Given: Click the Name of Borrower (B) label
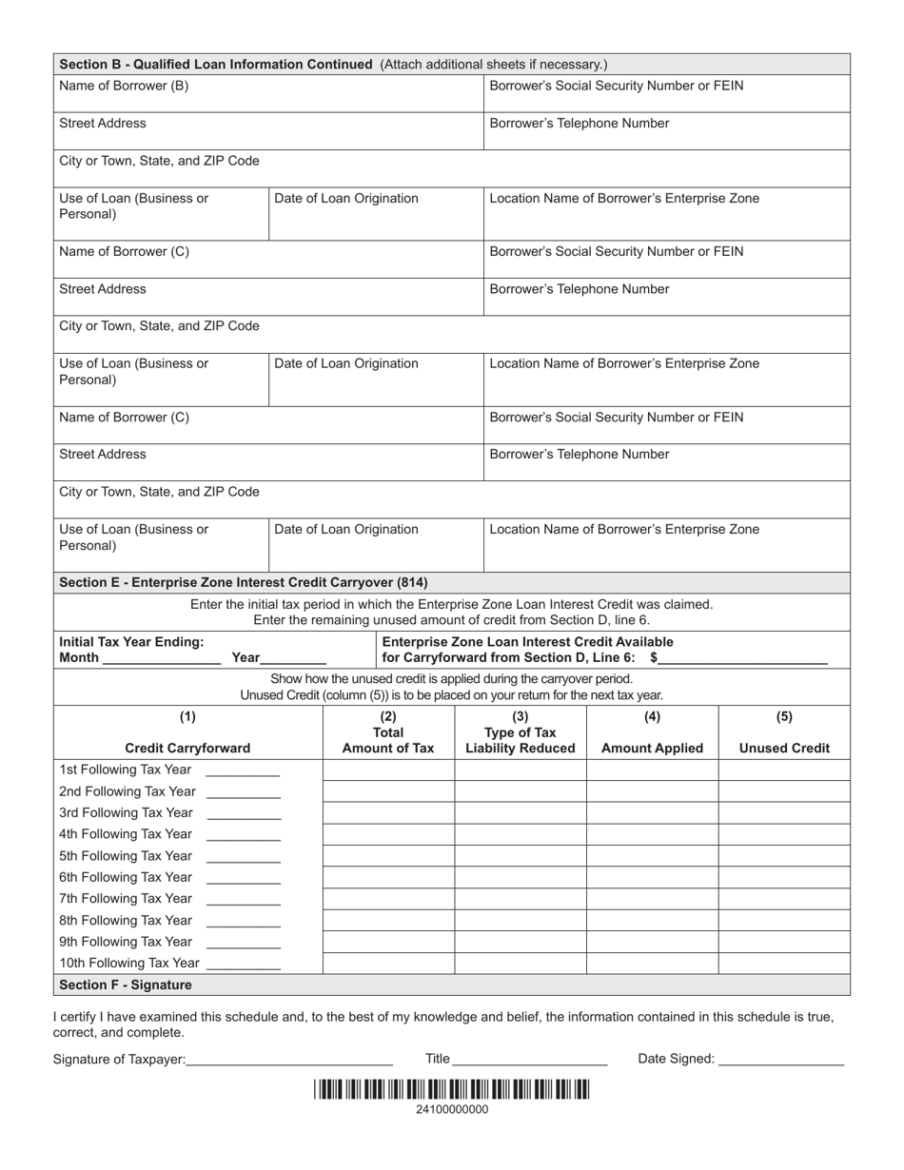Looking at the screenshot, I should tap(124, 86).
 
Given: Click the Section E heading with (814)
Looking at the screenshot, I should tap(244, 582).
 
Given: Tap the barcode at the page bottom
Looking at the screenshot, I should tap(452, 1090).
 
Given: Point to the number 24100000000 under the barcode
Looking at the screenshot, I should tap(452, 1109).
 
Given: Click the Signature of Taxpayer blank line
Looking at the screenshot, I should tap(289, 1060).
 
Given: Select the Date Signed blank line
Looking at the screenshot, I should tap(781, 1060).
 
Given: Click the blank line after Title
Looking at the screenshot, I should tap(530, 1060).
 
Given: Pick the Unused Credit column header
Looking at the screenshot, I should tap(784, 748).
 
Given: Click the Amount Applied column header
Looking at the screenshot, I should tap(652, 748).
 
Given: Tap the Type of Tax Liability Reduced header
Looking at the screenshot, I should tap(520, 740).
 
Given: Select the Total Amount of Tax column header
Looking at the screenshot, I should tap(388, 740).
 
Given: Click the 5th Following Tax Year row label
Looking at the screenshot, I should tap(126, 856).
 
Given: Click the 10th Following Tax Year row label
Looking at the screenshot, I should tap(129, 963).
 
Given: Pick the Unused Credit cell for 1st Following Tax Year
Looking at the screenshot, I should tap(784, 770).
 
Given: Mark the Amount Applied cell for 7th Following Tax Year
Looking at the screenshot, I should tap(652, 899).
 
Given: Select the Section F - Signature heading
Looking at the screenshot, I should tap(126, 985).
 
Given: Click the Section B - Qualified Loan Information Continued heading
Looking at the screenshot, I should tap(215, 64).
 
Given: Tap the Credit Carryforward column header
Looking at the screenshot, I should tap(187, 748).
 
